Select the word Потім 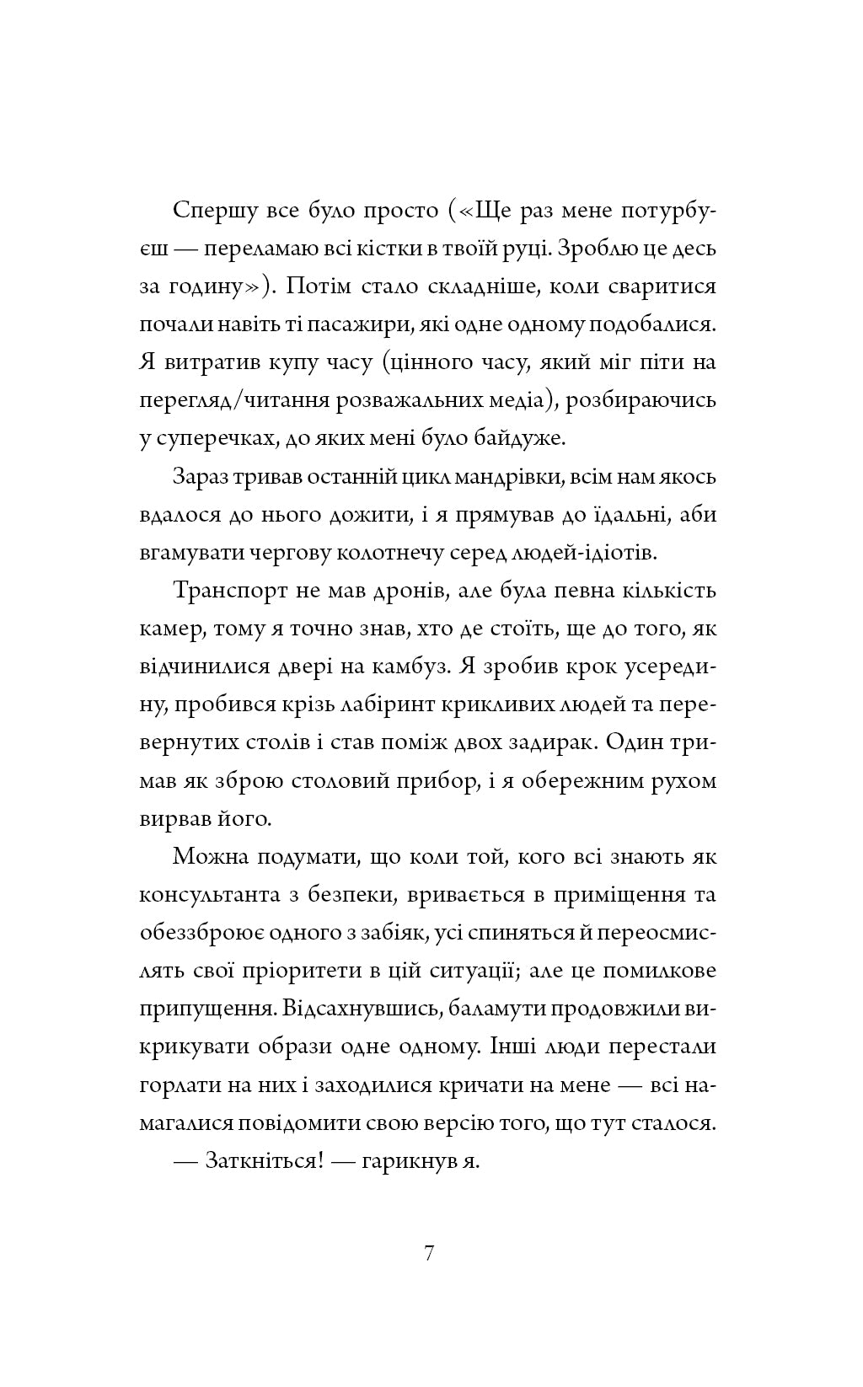316,287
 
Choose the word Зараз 200,477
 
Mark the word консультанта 210,895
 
